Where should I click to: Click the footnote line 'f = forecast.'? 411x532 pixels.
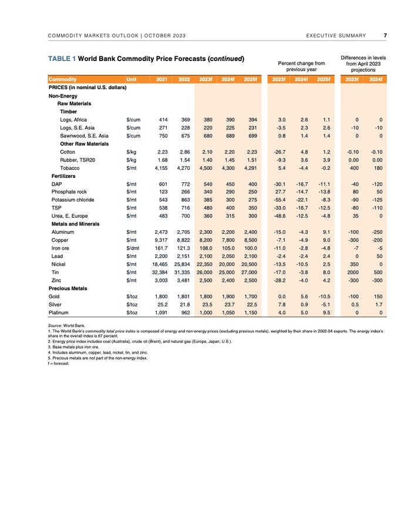click(x=59, y=363)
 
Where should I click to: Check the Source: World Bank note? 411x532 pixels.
click(x=65, y=325)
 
